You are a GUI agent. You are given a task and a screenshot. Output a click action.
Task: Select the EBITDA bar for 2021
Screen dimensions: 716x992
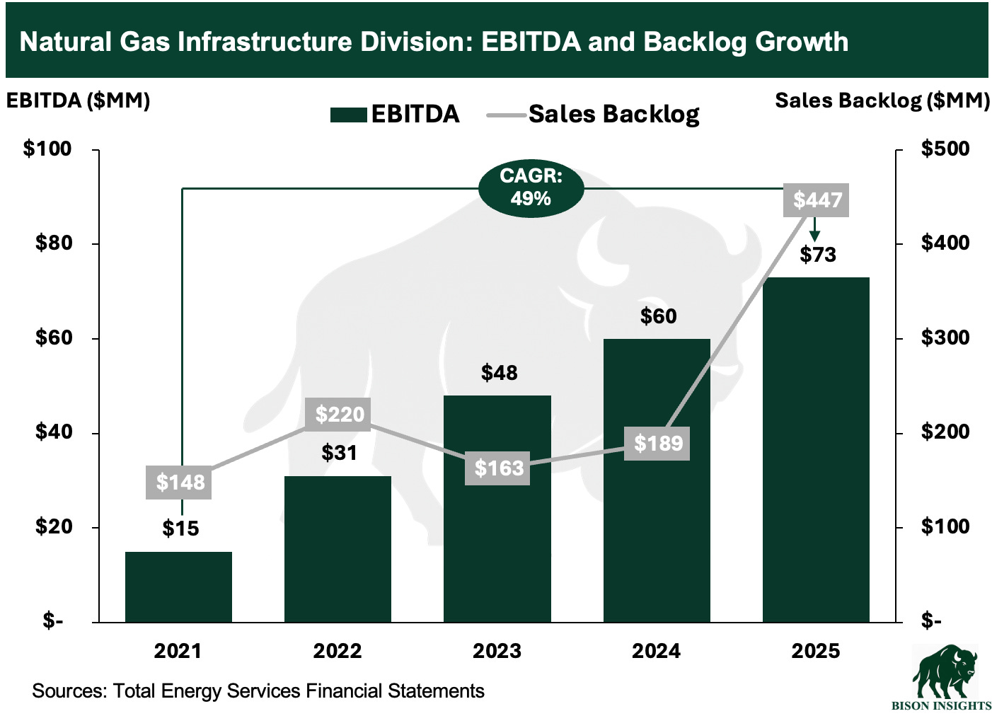coord(178,587)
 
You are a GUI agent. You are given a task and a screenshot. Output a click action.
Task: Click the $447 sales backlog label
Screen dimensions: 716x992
coord(817,200)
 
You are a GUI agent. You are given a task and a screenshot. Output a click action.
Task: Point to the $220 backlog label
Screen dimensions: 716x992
coord(340,414)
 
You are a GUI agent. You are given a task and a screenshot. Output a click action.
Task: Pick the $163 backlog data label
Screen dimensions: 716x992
coord(499,468)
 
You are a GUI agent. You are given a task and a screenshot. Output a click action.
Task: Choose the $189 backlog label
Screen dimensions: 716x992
coord(657,444)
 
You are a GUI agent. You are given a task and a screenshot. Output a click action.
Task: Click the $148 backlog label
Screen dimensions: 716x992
coord(180,483)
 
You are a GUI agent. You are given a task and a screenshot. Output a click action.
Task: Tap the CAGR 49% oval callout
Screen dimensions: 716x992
coord(531,187)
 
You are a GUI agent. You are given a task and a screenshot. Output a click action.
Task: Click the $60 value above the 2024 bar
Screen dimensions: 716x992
coord(658,316)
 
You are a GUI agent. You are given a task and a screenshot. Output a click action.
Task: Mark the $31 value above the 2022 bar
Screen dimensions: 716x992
coord(339,453)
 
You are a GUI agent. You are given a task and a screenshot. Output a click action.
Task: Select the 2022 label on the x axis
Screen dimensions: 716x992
coord(338,651)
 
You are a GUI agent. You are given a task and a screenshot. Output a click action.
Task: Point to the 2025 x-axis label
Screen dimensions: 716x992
coord(816,651)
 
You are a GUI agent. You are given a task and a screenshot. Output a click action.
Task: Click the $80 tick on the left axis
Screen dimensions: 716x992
coord(54,243)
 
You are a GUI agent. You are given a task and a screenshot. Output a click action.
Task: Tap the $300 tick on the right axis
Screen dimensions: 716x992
coord(945,337)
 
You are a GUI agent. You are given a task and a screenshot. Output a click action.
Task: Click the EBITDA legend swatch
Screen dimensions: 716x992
coord(348,115)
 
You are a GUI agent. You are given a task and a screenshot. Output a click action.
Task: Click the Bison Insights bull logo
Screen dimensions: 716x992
coord(945,672)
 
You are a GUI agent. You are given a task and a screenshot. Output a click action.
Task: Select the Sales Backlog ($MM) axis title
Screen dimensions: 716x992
coord(882,100)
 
